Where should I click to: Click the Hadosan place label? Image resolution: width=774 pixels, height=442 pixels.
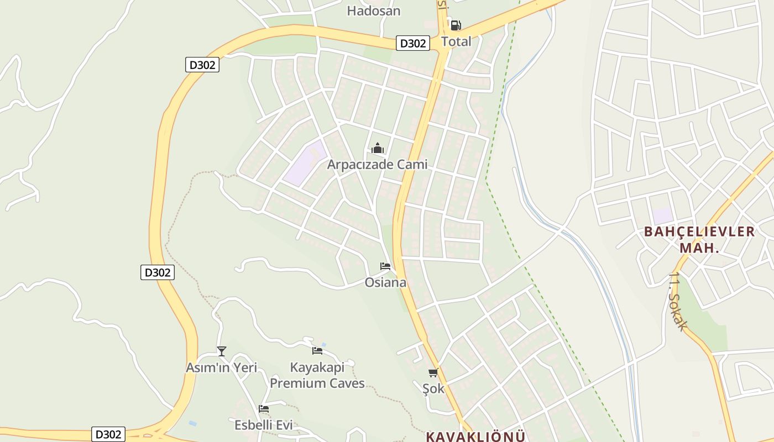[x=374, y=10]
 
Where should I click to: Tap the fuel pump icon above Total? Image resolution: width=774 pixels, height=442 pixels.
[x=456, y=25]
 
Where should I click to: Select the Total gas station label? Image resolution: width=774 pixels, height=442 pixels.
[x=456, y=41]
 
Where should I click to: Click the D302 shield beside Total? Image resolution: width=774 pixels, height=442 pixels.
[x=412, y=43]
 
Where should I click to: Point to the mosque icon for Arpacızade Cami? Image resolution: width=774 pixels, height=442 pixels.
[x=378, y=148]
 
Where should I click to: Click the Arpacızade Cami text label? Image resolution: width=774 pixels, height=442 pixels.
[x=377, y=165]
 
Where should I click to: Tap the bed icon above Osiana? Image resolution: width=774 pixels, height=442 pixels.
[x=385, y=266]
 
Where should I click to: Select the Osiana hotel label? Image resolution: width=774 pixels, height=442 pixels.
[x=385, y=283]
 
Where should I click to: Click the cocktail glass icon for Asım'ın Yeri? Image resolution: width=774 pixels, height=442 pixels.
[x=222, y=351]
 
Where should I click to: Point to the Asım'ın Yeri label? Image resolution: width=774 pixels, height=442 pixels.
[x=221, y=367]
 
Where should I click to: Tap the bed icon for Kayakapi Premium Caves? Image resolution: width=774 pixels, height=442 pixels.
[x=317, y=350]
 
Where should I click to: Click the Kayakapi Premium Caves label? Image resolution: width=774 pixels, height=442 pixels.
[x=317, y=375]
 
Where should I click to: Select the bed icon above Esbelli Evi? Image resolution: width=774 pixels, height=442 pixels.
[x=264, y=409]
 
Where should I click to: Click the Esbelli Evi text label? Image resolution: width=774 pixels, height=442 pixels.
[x=264, y=425]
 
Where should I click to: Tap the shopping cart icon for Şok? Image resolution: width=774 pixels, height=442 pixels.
[x=433, y=372]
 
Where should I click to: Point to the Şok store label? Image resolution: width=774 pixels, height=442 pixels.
[x=433, y=388]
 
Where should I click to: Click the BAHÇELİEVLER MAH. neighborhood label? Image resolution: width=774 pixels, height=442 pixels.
[x=699, y=239]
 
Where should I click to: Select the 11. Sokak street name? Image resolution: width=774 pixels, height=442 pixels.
[x=678, y=301]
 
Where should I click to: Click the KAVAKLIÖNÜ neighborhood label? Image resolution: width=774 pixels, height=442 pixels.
[x=475, y=436]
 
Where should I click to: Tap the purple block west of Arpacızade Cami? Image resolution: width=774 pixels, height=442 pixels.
[x=305, y=163]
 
